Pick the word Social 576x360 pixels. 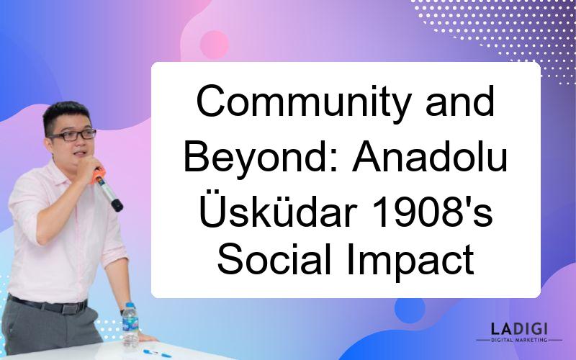click(x=275, y=260)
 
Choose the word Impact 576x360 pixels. click(x=410, y=261)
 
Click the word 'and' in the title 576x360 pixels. click(x=460, y=102)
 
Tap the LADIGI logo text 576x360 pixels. click(x=519, y=328)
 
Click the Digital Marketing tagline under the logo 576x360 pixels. click(x=519, y=340)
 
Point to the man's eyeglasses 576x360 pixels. click(x=73, y=135)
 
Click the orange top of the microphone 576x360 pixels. click(x=98, y=175)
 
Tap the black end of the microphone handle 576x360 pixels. click(x=117, y=205)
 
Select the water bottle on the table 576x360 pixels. click(x=130, y=325)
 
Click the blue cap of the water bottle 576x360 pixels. click(x=130, y=305)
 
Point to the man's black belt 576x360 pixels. click(x=48, y=305)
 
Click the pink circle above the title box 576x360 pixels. click(x=214, y=45)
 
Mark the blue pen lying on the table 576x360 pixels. click(x=157, y=354)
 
